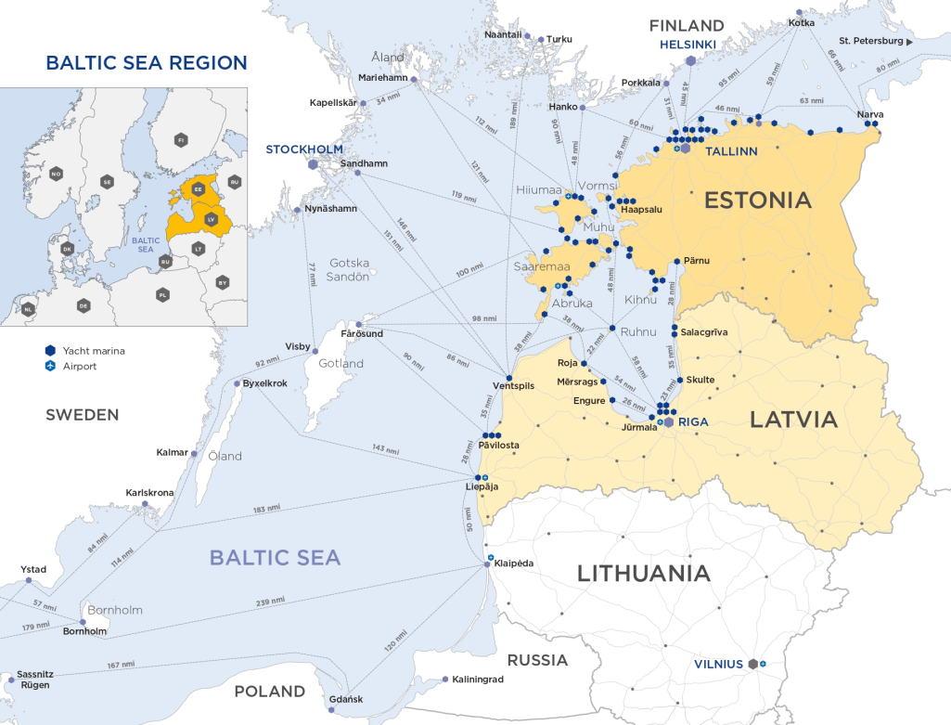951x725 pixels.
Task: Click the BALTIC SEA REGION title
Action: pyautogui.click(x=147, y=63)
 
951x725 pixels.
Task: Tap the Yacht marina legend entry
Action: pyautogui.click(x=93, y=351)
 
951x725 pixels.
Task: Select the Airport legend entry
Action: pyautogui.click(x=79, y=367)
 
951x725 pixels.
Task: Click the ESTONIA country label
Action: pyautogui.click(x=757, y=200)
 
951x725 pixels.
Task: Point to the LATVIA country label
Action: pyautogui.click(x=793, y=420)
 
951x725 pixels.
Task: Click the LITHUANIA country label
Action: pyautogui.click(x=644, y=573)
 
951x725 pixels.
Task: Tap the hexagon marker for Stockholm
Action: pyautogui.click(x=314, y=163)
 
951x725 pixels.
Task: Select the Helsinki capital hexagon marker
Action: pyautogui.click(x=690, y=60)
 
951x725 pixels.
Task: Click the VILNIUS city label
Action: pyautogui.click(x=718, y=665)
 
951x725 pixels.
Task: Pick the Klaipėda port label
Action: pyautogui.click(x=514, y=563)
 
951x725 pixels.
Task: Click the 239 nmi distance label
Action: pyautogui.click(x=270, y=602)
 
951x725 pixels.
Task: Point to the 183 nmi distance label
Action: pyautogui.click(x=266, y=510)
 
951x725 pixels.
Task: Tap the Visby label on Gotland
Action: pyautogui.click(x=297, y=346)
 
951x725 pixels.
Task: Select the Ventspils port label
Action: pyautogui.click(x=513, y=386)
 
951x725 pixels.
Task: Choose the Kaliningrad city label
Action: pyautogui.click(x=478, y=680)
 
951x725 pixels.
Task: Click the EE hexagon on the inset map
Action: pyautogui.click(x=198, y=188)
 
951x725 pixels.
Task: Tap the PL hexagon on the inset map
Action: pyautogui.click(x=163, y=294)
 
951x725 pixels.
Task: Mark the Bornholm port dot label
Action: pyautogui.click(x=84, y=631)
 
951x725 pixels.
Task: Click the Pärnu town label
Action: pyautogui.click(x=697, y=261)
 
